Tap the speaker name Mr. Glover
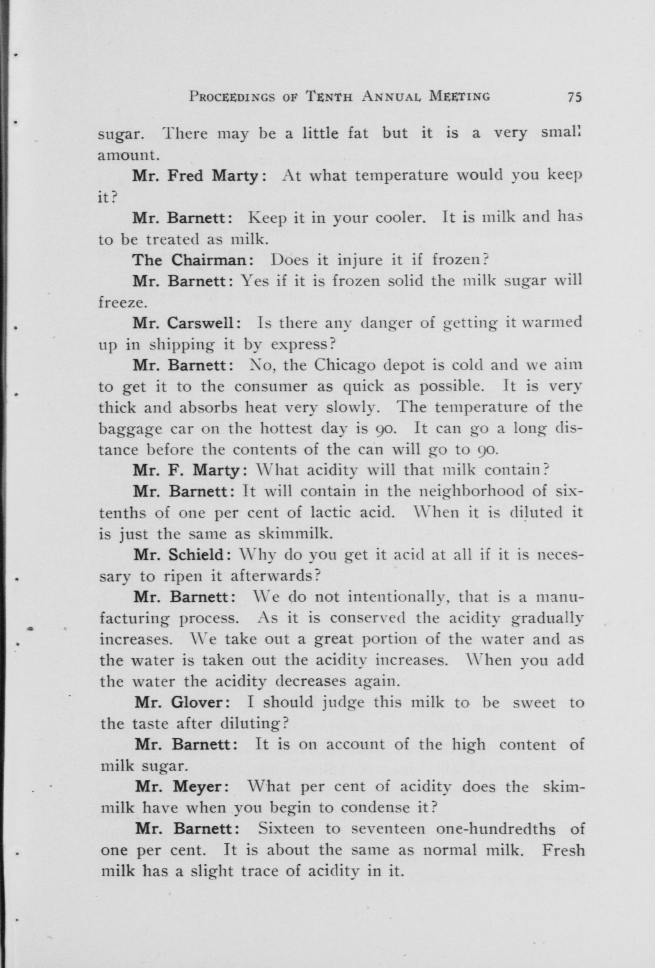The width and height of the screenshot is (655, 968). point(181,703)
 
